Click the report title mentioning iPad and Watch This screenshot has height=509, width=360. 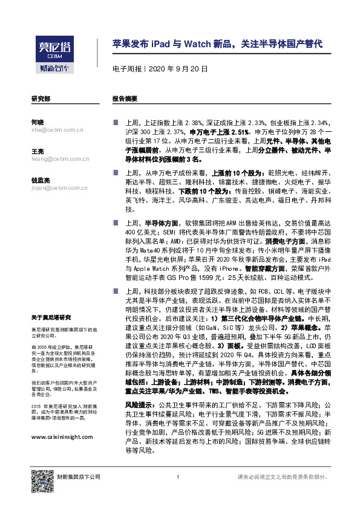(217, 44)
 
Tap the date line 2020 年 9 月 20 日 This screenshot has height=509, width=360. (160, 70)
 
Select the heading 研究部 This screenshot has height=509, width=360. (41, 98)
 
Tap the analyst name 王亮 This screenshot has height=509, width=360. (37, 151)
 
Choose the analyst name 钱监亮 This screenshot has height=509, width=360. (40, 180)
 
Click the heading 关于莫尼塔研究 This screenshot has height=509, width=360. (51, 317)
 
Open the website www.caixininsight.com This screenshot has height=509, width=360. (62, 436)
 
